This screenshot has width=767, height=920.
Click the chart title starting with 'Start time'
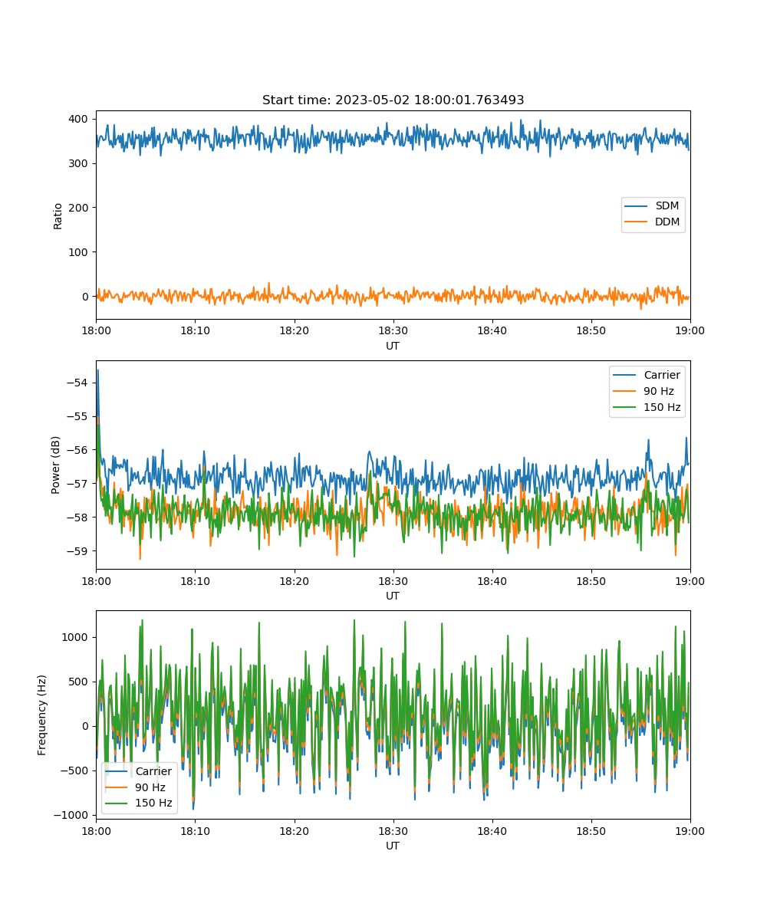[393, 100]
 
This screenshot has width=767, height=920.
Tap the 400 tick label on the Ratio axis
[78, 119]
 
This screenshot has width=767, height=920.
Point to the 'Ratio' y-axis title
[58, 216]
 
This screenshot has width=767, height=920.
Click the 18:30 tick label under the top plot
[393, 330]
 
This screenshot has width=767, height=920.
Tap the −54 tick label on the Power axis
[77, 383]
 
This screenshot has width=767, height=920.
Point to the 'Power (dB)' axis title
[55, 465]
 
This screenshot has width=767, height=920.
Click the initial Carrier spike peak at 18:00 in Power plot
[98, 370]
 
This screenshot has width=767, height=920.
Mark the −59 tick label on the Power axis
[77, 551]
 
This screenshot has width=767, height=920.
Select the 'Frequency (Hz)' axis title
[42, 715]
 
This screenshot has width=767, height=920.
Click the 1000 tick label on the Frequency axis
[74, 637]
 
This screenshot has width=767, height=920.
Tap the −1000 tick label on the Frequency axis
[71, 816]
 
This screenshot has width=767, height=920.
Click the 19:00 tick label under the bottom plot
[690, 831]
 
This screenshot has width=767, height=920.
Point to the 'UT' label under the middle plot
[393, 596]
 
